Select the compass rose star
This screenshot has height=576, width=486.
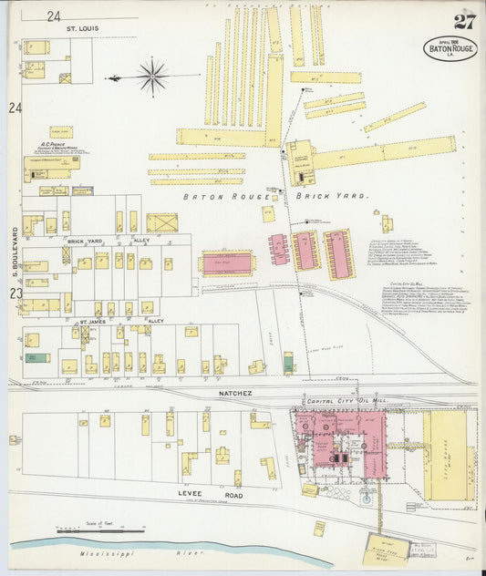tap(151, 76)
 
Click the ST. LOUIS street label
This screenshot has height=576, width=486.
tap(82, 28)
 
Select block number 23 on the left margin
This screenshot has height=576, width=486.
tap(15, 293)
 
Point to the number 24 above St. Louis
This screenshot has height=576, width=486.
tap(54, 15)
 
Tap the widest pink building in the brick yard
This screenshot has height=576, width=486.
tap(226, 263)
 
